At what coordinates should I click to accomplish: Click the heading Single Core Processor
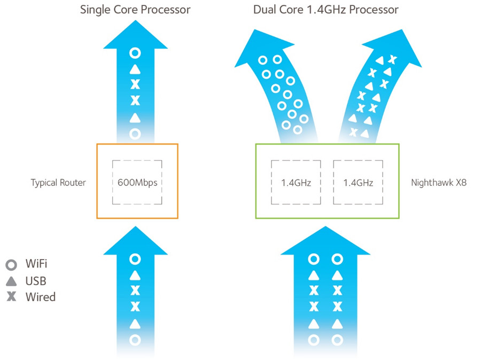tap(135, 10)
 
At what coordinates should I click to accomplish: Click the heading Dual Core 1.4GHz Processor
tap(326, 10)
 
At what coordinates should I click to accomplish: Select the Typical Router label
tap(58, 183)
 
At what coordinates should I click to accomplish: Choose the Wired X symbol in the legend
tap(11, 296)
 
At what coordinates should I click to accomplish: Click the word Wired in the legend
tap(40, 296)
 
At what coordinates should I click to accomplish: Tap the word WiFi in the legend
tap(37, 264)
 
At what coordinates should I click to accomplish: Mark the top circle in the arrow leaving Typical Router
tap(135, 53)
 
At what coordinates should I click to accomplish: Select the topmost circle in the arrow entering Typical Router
tap(135, 259)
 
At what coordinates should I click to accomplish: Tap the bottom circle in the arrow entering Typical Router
tap(135, 339)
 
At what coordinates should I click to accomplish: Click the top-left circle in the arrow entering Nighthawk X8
tap(314, 259)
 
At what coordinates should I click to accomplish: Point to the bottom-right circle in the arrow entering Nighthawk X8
tap(337, 339)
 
